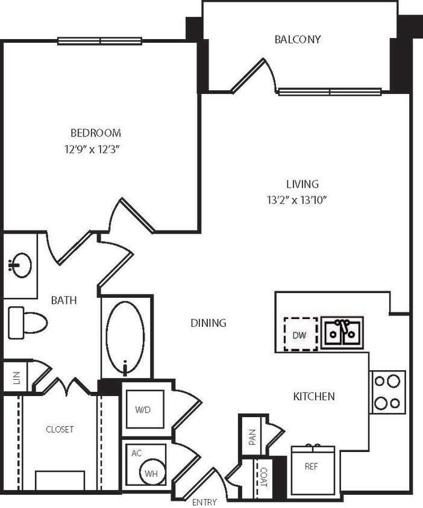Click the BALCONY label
tap(297, 40)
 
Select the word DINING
tap(208, 323)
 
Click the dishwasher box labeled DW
tap(300, 334)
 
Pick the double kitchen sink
tap(342, 332)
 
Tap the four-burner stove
tap(387, 392)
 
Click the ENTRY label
tap(204, 502)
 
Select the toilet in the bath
tap(27, 323)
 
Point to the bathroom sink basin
tap(22, 265)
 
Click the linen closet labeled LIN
tap(16, 377)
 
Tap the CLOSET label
tap(60, 429)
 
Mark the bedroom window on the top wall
tap(99, 42)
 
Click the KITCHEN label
tap(313, 396)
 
